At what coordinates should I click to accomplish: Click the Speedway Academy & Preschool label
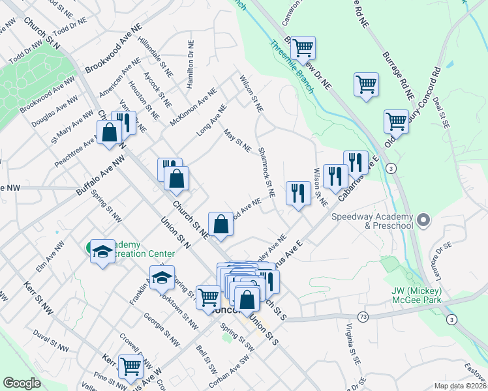(x=372, y=221)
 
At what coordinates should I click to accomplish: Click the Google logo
(x=22, y=383)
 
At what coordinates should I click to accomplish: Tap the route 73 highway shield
(x=363, y=316)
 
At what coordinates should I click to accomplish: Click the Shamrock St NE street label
(x=266, y=171)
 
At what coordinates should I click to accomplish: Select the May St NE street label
(x=237, y=140)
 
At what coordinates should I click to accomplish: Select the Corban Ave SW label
(x=230, y=366)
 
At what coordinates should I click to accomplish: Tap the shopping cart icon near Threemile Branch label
(x=303, y=47)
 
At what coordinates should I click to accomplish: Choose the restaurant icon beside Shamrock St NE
(x=298, y=192)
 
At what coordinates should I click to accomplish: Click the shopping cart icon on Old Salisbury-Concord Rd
(x=396, y=120)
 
